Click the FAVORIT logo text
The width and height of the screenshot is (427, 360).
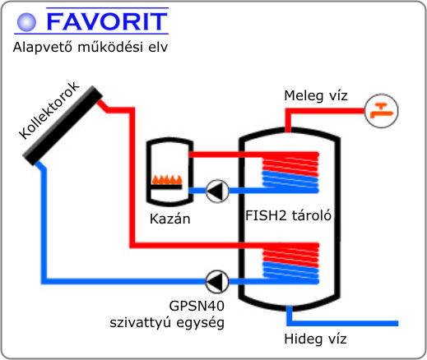coord(107,21)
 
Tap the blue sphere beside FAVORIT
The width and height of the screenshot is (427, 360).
coord(26,22)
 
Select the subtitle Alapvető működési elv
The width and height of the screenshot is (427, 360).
coord(91,47)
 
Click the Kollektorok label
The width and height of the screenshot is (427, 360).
coord(49,110)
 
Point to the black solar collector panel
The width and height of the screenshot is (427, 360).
coord(63,126)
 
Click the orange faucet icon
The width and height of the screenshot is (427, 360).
coord(381,111)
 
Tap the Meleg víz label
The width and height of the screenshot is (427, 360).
coord(316,96)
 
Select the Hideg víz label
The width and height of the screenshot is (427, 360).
coord(315,339)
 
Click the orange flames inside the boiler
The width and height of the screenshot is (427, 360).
coord(167,180)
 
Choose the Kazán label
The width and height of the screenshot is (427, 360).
coord(170,219)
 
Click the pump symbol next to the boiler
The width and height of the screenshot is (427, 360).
coord(217,191)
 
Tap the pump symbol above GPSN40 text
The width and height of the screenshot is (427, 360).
coord(217,281)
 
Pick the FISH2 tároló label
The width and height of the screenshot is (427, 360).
coord(288,215)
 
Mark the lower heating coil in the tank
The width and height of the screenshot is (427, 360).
coord(290,263)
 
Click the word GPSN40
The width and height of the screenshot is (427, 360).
coord(197,306)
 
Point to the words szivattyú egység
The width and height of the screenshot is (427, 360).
coord(167,322)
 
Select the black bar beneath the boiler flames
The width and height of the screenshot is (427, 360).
coord(166,187)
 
